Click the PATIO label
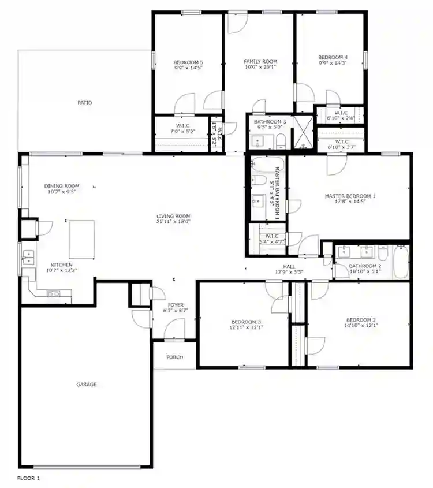point(85,103)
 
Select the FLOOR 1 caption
point(28,478)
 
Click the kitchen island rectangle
point(81,239)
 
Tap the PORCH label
point(174,357)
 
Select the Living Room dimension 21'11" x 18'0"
point(173,221)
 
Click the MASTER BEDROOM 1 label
point(350,196)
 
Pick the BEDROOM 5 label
point(188,62)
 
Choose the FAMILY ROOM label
point(260,61)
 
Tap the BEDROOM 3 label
point(246,322)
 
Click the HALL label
point(289,266)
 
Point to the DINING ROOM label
point(62,186)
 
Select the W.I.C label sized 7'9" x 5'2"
point(183,132)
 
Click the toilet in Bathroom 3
point(280,141)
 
